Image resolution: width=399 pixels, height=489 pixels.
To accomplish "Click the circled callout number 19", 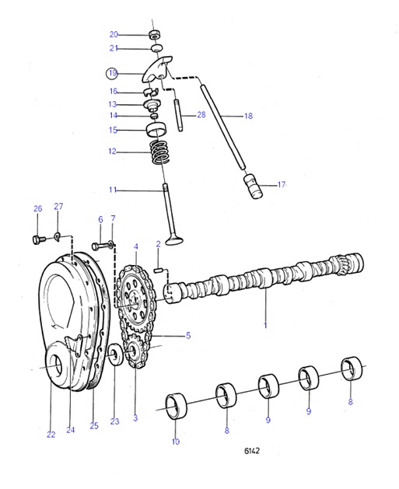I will click(113, 73).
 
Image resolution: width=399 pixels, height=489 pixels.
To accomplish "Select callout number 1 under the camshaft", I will click(264, 326).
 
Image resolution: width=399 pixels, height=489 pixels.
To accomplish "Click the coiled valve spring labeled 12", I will click(159, 151).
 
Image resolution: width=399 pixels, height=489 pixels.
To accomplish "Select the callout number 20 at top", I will click(114, 34).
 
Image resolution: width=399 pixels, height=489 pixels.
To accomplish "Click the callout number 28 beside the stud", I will click(201, 115).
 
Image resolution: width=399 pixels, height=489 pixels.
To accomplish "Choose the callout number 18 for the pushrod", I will click(248, 116).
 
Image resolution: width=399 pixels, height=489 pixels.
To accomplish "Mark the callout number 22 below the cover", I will click(51, 435).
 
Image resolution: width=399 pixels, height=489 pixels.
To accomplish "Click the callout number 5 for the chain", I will click(187, 336).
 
